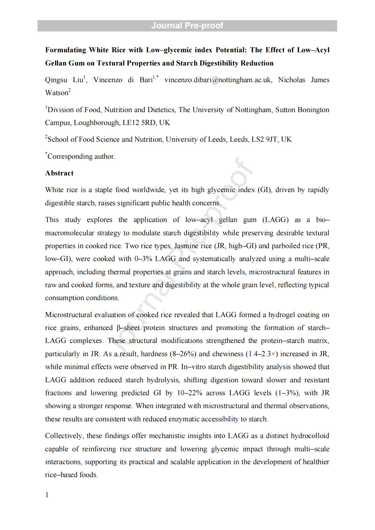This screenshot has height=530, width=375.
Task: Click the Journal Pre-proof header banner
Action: coord(187,26)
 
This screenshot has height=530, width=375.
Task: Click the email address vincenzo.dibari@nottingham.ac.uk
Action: coord(217,80)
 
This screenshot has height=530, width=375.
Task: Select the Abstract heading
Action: coord(59,173)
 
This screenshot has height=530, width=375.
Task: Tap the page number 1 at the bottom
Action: coord(47,495)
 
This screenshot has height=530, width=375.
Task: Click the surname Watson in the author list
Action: coord(57,93)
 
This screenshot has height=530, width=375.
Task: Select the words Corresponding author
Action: coord(81,157)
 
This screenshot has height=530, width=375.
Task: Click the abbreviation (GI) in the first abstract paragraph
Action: coord(264,190)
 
